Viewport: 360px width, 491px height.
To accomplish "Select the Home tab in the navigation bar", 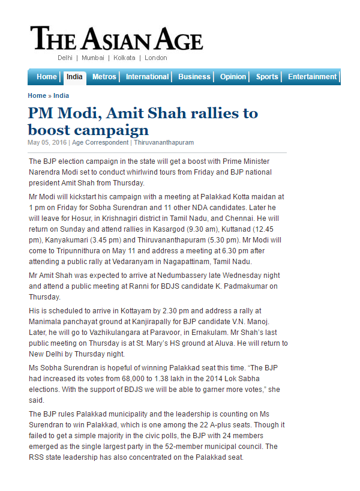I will click(x=47, y=77).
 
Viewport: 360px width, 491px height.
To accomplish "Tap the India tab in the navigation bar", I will click(x=74, y=77).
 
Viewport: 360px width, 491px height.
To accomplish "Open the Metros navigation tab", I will click(x=104, y=77).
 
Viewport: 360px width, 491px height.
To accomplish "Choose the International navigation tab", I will click(x=147, y=77).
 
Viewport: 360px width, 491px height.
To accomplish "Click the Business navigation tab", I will click(x=194, y=77).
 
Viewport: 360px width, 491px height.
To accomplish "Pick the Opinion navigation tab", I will click(x=233, y=77).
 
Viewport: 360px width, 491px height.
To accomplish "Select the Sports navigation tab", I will click(x=267, y=77).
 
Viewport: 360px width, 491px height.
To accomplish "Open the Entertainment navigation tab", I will click(x=312, y=77).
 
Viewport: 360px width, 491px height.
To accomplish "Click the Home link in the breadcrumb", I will click(x=37, y=95).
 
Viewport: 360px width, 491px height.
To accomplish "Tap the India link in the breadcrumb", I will click(x=61, y=95).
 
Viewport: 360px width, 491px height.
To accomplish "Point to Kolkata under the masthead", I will click(x=124, y=58).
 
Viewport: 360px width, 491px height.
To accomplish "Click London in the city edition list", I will click(x=156, y=58).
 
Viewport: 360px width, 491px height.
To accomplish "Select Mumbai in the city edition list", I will click(x=93, y=58).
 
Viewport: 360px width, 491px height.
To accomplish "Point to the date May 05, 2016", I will click(x=47, y=143).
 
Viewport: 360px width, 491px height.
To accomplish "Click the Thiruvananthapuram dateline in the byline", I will click(x=164, y=143).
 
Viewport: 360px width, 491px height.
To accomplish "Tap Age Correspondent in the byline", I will click(x=100, y=143).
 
